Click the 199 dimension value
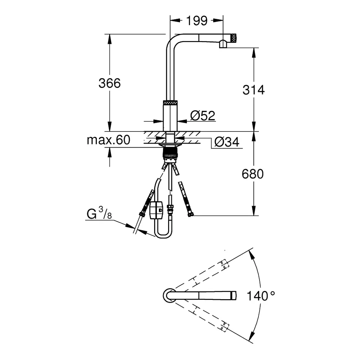197,21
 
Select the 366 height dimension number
109,83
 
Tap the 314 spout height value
253,90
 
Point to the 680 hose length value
252,174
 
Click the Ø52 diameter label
203,116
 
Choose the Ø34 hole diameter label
226,142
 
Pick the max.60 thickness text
108,140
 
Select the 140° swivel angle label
261,296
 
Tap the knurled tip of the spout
233,38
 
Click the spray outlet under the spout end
223,45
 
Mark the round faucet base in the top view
168,295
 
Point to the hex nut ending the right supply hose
191,215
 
